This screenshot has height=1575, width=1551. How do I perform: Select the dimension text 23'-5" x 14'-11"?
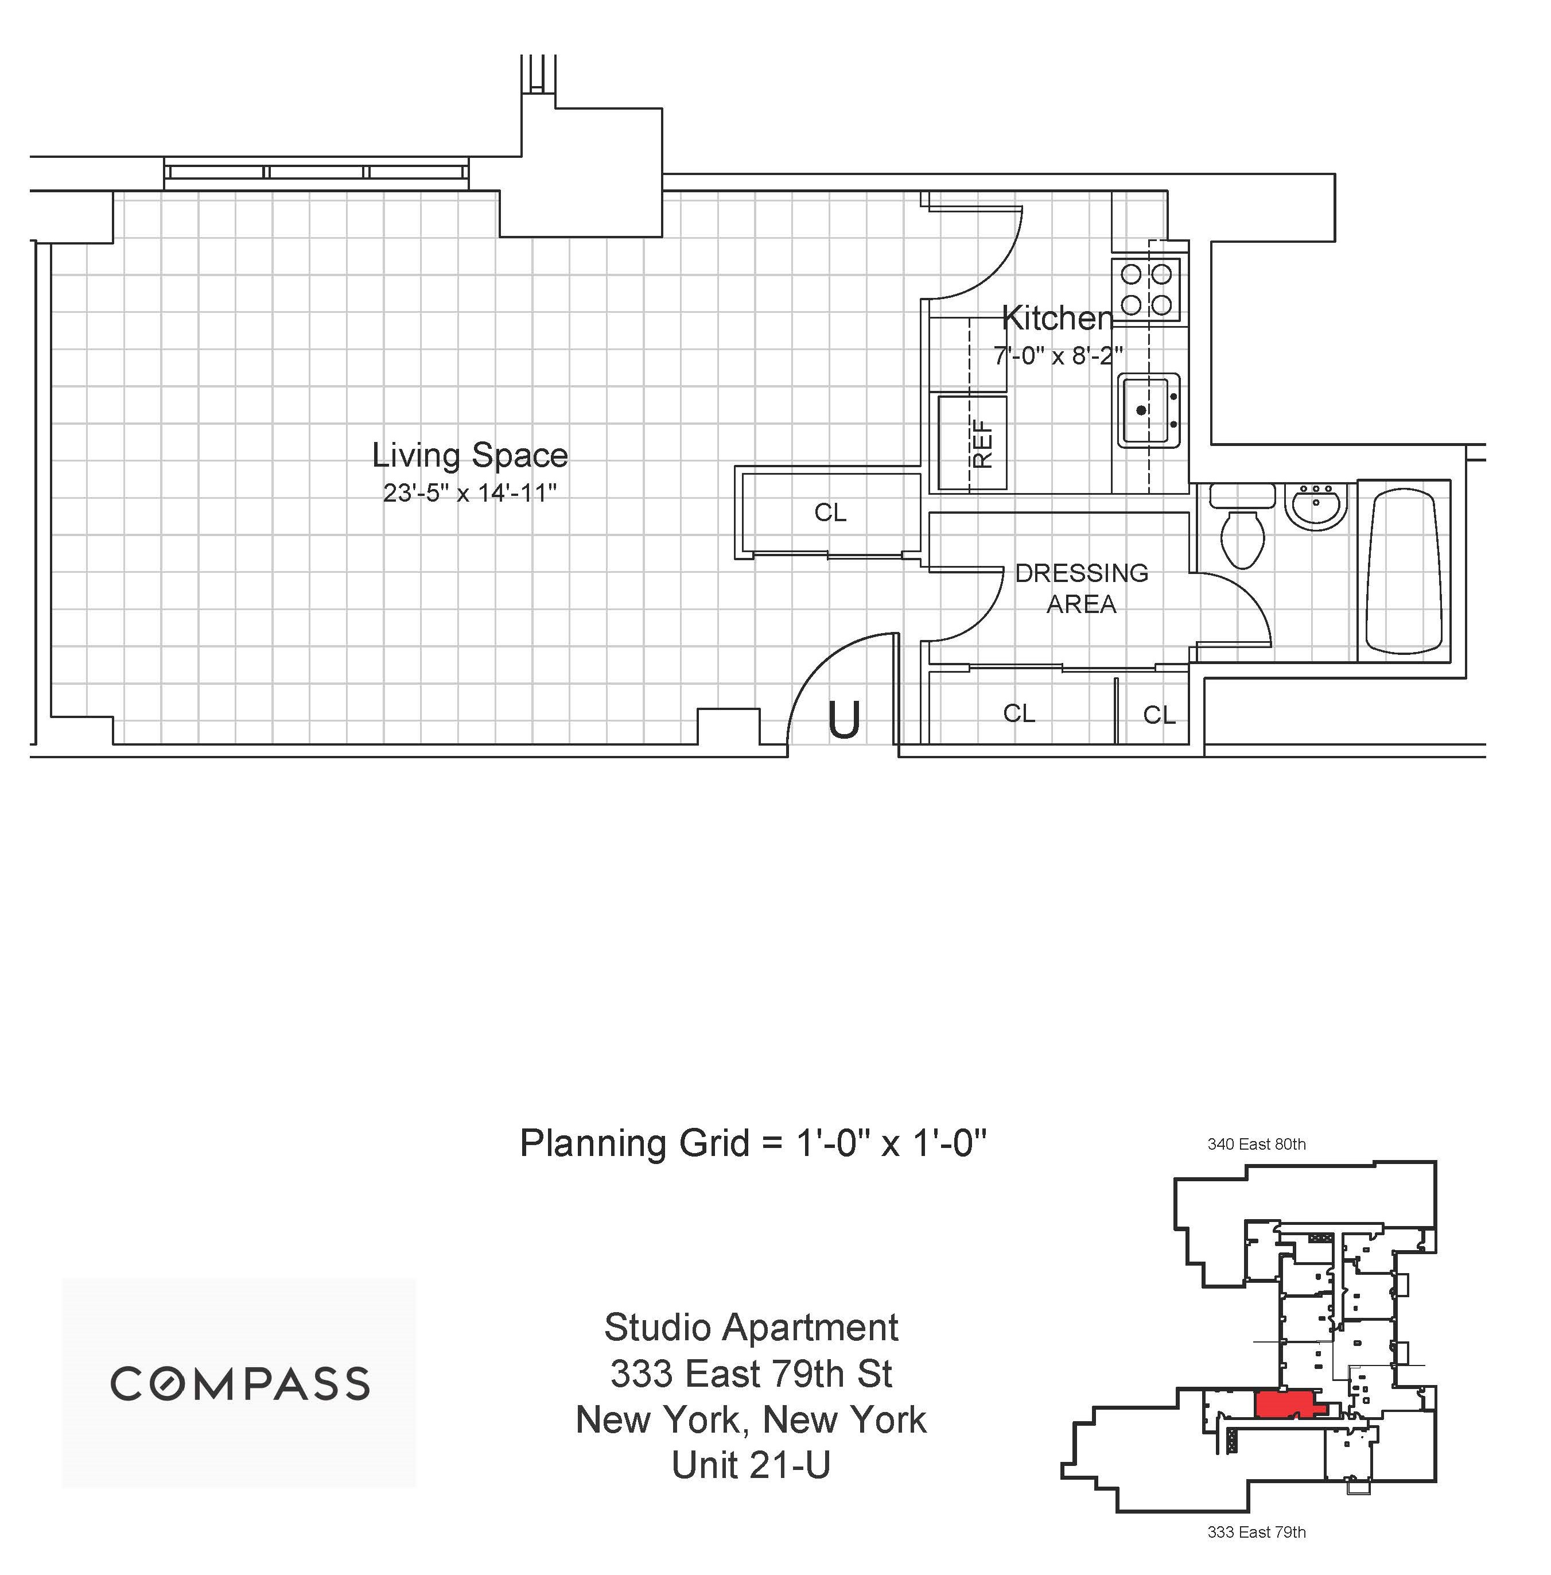tap(469, 493)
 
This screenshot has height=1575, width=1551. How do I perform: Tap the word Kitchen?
tap(1056, 319)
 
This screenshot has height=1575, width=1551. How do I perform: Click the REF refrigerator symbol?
tap(973, 443)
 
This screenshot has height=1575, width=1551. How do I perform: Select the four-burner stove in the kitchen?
tap(1146, 289)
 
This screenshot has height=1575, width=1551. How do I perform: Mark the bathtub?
tap(1404, 571)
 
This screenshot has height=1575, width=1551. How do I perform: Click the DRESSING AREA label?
tap(1081, 588)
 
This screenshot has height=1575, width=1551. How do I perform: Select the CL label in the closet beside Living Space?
tap(830, 513)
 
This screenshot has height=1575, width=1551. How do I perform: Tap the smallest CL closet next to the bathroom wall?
tap(1159, 715)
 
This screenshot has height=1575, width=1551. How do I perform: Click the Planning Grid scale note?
tap(753, 1143)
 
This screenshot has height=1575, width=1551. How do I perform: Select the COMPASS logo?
tap(239, 1383)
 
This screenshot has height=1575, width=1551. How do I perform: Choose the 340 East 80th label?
tap(1255, 1144)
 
